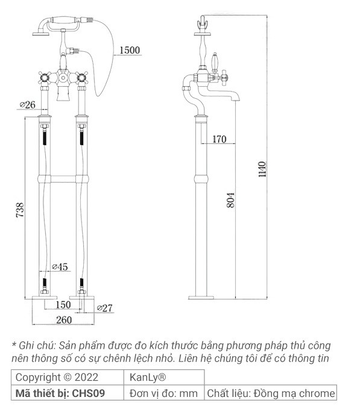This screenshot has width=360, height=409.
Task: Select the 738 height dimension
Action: [x=20, y=210]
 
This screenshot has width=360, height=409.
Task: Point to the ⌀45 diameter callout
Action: [x=60, y=267]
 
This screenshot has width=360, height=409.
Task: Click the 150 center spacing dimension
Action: [x=62, y=305]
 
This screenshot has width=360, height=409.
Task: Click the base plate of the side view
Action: [x=201, y=296]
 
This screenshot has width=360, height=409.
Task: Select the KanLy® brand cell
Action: [x=148, y=378]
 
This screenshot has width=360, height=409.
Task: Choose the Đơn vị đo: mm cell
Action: [x=164, y=393]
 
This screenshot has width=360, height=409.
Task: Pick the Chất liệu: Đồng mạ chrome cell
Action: [x=270, y=393]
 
